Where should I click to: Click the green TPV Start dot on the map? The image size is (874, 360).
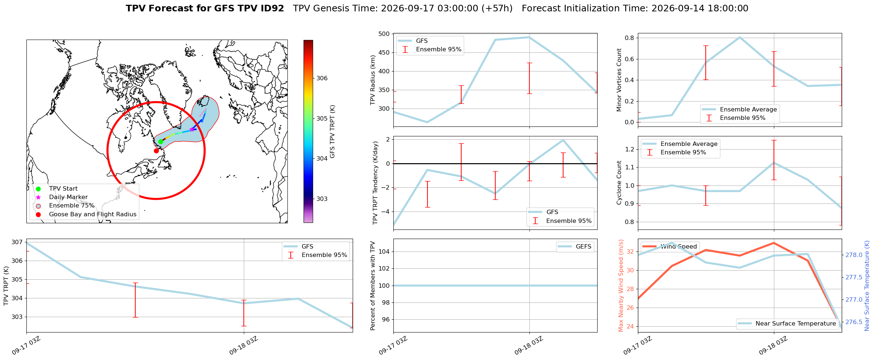click(x=161, y=142)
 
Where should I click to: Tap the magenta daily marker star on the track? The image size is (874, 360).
click(x=192, y=129)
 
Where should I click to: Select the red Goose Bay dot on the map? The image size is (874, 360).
click(x=156, y=151)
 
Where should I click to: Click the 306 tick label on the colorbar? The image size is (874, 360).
click(x=322, y=78)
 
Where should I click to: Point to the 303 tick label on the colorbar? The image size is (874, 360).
click(x=322, y=199)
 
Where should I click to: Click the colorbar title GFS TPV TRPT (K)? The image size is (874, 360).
click(x=333, y=132)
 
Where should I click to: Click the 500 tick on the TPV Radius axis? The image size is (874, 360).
click(x=384, y=34)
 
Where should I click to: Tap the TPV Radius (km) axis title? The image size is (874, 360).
click(x=373, y=80)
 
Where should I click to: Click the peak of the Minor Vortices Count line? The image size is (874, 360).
click(x=740, y=37)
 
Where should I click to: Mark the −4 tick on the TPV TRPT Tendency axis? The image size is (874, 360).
click(x=386, y=212)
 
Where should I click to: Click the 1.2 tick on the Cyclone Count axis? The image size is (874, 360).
click(x=629, y=149)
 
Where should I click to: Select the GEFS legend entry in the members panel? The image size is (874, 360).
click(x=575, y=247)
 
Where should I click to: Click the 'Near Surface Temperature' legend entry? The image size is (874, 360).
click(x=787, y=324)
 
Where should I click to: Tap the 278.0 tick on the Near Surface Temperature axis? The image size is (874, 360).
click(x=854, y=255)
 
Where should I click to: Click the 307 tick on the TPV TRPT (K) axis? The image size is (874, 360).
click(x=17, y=242)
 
